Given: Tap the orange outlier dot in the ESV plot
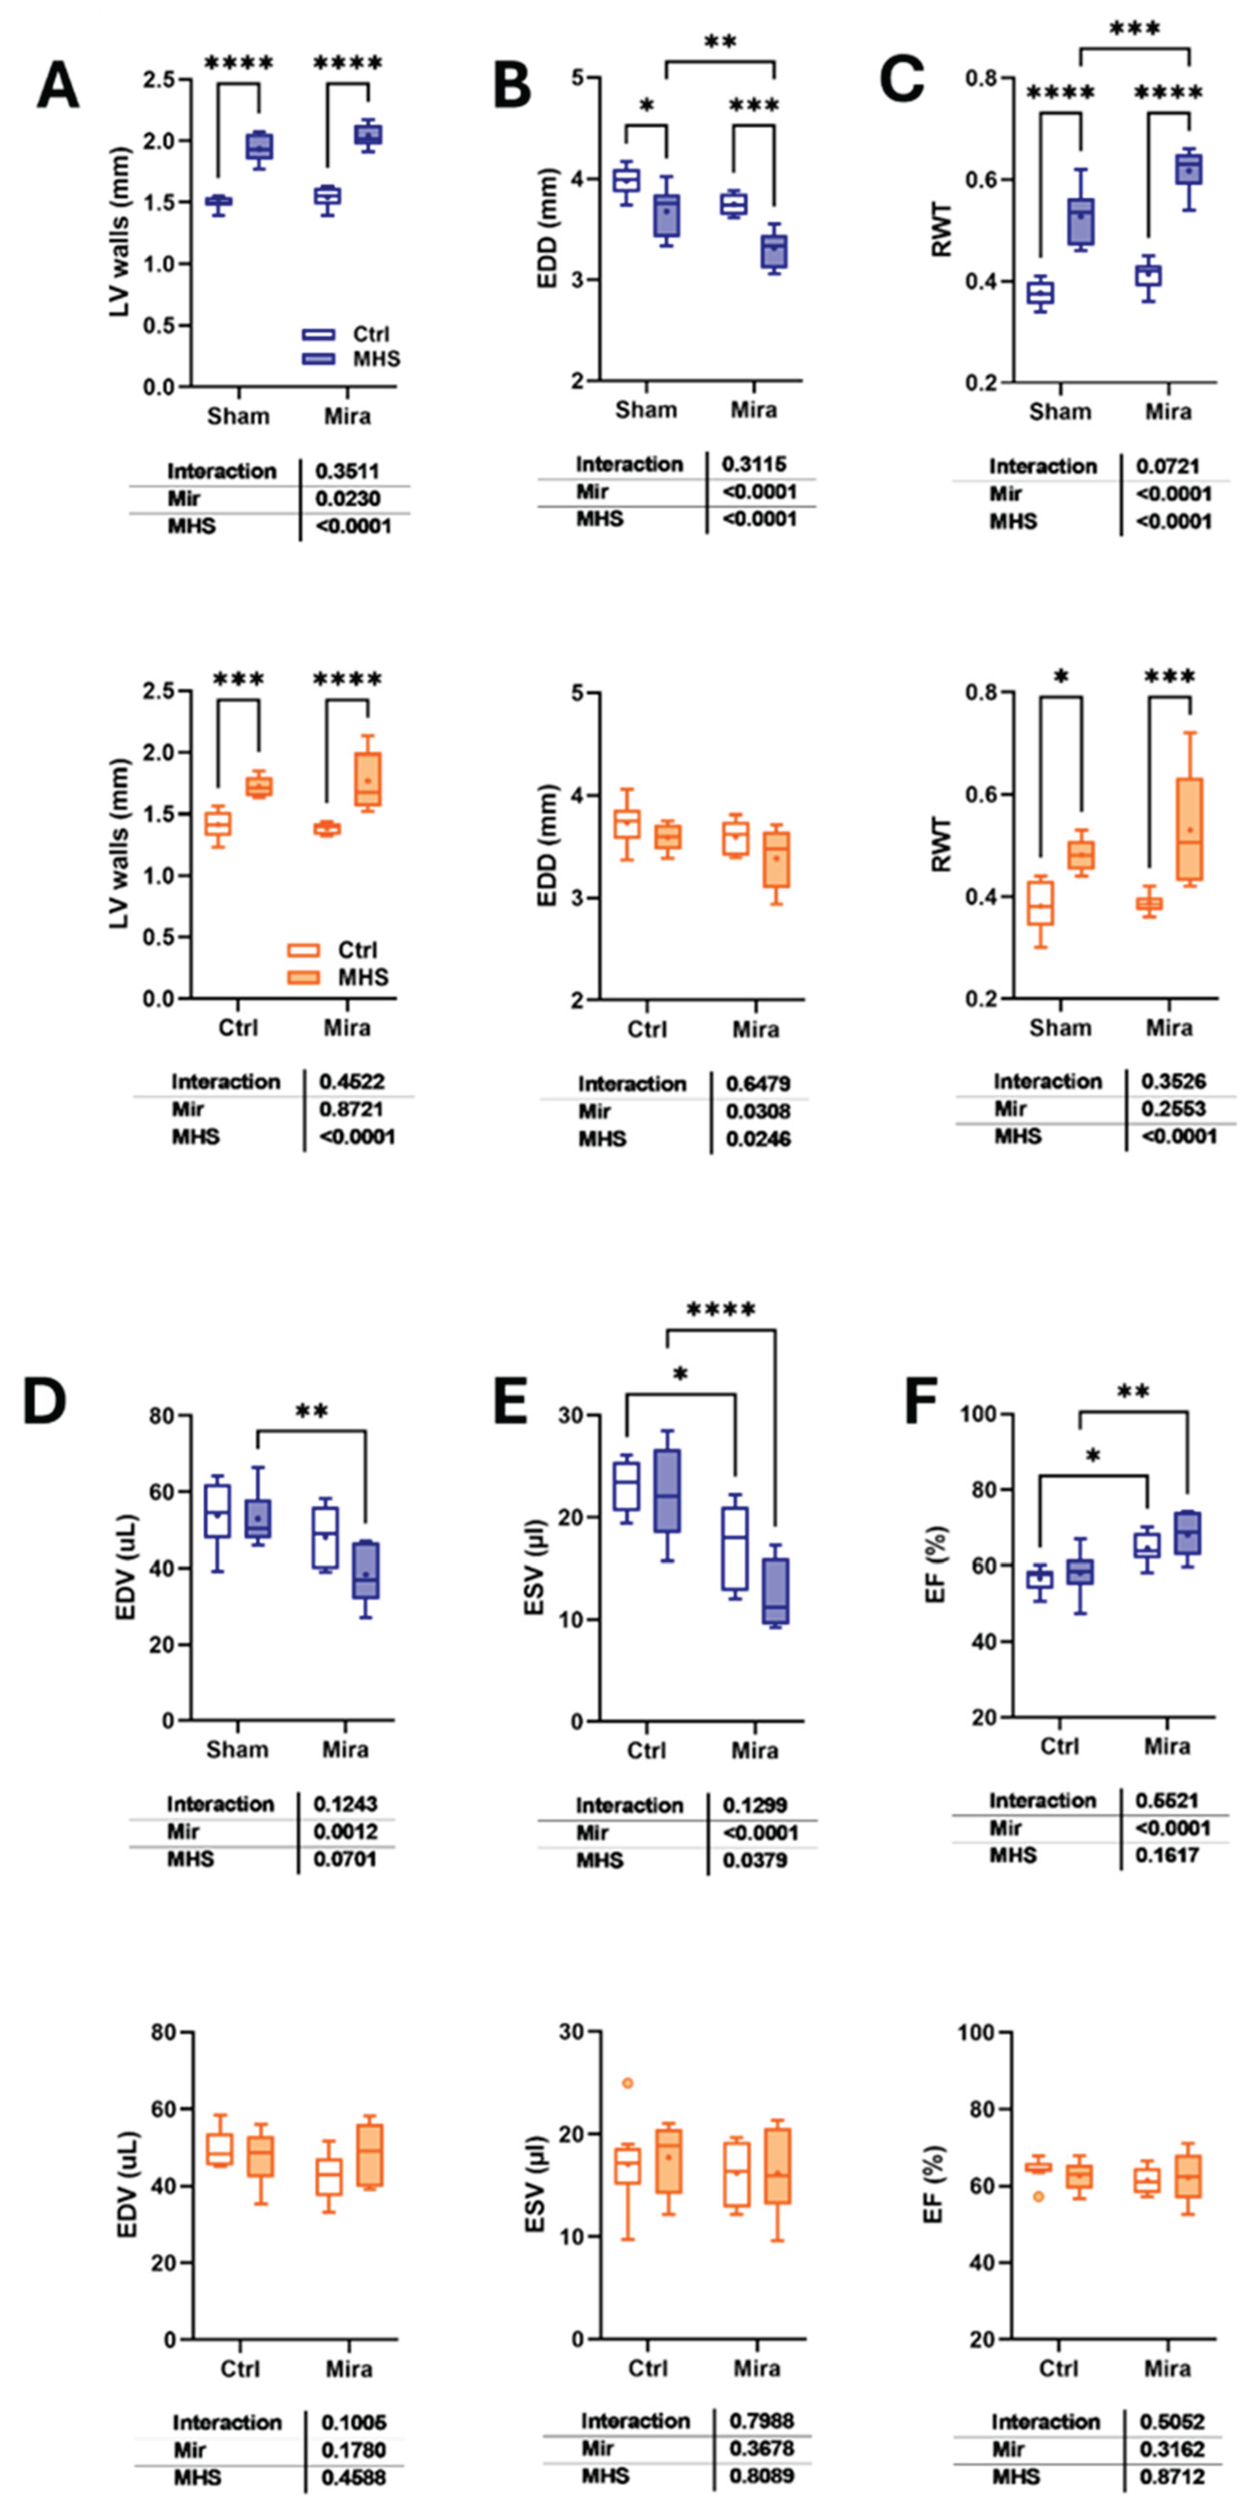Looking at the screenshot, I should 628,2083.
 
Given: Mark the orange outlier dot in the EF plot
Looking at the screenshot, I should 1038,2196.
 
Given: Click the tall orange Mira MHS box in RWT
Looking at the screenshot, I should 1188,829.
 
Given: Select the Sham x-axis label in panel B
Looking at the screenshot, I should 645,409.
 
